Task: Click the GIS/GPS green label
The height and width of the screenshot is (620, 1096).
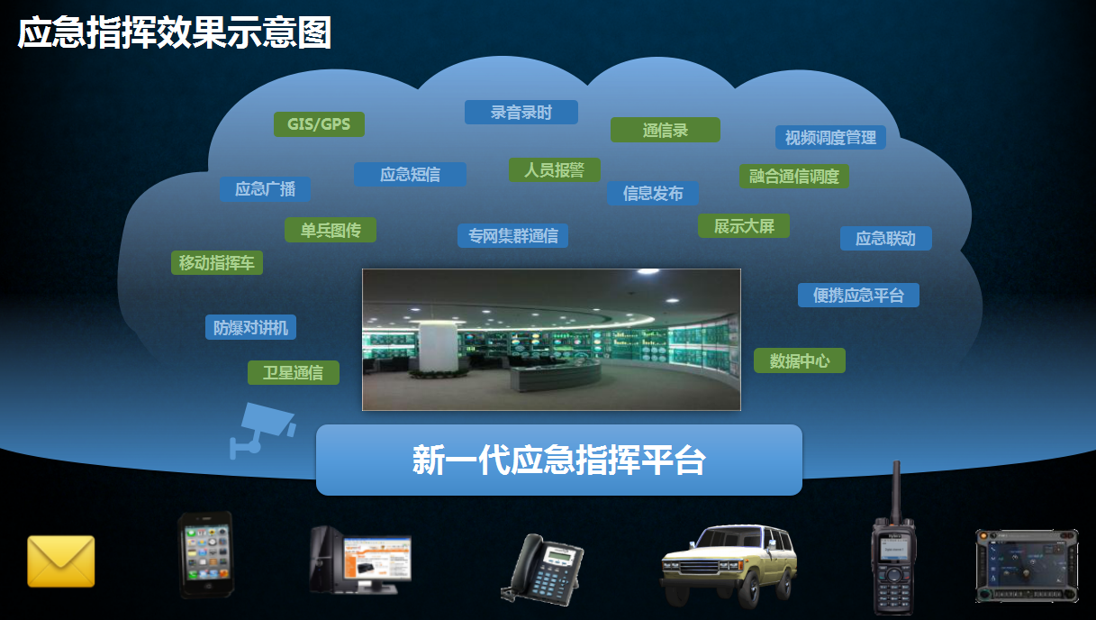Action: point(319,123)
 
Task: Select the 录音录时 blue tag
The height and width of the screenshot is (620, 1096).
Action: point(521,112)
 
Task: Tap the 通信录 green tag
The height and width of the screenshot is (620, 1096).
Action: point(665,130)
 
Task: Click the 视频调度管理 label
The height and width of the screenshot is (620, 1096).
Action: point(830,138)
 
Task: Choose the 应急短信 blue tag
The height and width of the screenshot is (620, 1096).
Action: point(410,174)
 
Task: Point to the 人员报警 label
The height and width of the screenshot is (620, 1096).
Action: point(555,170)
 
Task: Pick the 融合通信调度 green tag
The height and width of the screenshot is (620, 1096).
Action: point(794,176)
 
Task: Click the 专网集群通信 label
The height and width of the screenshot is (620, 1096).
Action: point(512,235)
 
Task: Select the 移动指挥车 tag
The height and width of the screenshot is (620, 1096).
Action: point(217,262)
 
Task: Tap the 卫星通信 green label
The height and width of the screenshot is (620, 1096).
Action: point(293,372)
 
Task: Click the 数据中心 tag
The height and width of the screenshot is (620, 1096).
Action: point(800,360)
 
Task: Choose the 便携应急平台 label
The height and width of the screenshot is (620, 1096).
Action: point(858,295)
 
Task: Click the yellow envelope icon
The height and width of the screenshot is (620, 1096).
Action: point(61,561)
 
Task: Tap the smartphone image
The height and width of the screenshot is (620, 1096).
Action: point(206,554)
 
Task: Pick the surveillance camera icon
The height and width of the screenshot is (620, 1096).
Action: point(262,430)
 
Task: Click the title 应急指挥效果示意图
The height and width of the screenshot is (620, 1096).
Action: point(174,32)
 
